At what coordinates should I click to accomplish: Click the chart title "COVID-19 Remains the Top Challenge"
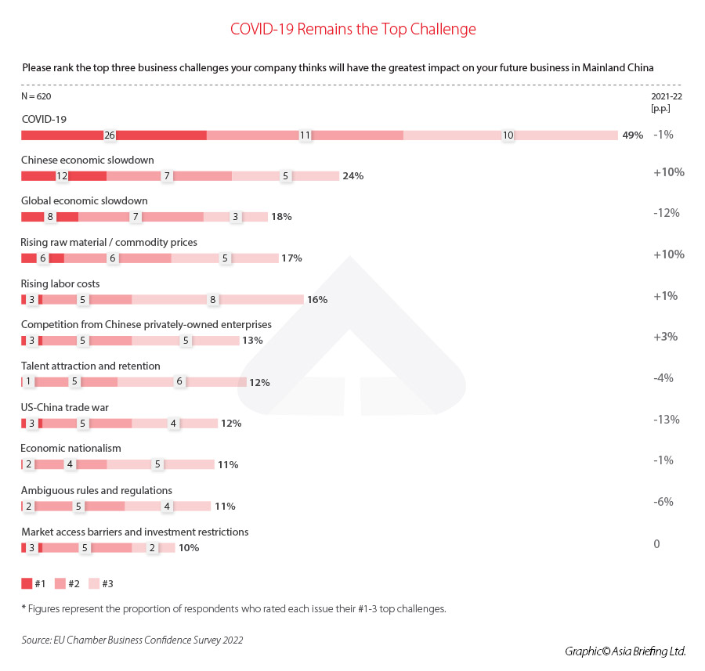click(352, 30)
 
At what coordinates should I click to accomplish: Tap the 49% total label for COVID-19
click(632, 135)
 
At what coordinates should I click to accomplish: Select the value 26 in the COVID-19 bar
click(110, 135)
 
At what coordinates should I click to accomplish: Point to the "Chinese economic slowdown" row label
click(88, 160)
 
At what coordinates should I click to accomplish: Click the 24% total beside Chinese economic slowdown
click(352, 176)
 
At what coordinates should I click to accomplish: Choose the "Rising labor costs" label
click(60, 283)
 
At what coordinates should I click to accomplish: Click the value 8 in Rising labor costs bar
click(212, 299)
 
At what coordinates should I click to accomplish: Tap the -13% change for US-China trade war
click(666, 419)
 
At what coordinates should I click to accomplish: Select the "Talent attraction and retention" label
click(91, 366)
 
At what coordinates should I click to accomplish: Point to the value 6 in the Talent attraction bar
click(179, 382)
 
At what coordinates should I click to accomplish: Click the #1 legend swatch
click(27, 583)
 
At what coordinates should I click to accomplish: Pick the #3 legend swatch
click(93, 583)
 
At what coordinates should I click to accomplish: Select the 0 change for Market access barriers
click(657, 543)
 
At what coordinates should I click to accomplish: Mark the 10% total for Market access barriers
click(189, 548)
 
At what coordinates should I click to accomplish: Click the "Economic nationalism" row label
click(71, 449)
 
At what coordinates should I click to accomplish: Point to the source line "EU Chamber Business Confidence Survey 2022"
click(132, 640)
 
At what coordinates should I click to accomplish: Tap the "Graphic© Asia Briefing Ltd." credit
click(624, 651)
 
